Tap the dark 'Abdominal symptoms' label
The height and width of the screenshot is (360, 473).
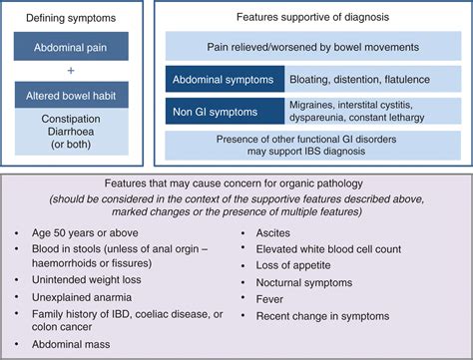(224, 78)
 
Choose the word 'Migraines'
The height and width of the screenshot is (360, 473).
(319, 104)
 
